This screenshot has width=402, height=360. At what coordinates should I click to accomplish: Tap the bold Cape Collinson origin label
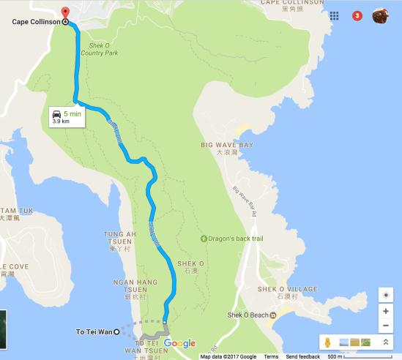(x=36, y=22)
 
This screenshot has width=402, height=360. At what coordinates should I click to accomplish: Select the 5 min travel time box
(x=67, y=116)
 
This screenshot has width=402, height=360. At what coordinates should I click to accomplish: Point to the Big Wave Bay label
(x=227, y=145)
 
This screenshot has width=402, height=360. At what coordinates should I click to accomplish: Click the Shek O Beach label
(x=247, y=315)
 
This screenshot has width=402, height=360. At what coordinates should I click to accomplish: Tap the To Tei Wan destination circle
(x=116, y=332)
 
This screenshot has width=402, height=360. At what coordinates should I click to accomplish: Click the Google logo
(x=179, y=343)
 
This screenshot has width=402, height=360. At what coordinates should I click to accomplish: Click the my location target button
(x=386, y=295)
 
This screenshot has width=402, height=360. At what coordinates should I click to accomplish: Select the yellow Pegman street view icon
(x=329, y=342)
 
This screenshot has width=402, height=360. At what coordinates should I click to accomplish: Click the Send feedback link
(x=302, y=356)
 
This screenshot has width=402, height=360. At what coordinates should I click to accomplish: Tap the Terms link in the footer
(x=271, y=356)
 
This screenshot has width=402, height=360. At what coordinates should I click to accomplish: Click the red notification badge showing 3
(x=357, y=15)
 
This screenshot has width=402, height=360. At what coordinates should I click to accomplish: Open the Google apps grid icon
(x=334, y=15)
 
